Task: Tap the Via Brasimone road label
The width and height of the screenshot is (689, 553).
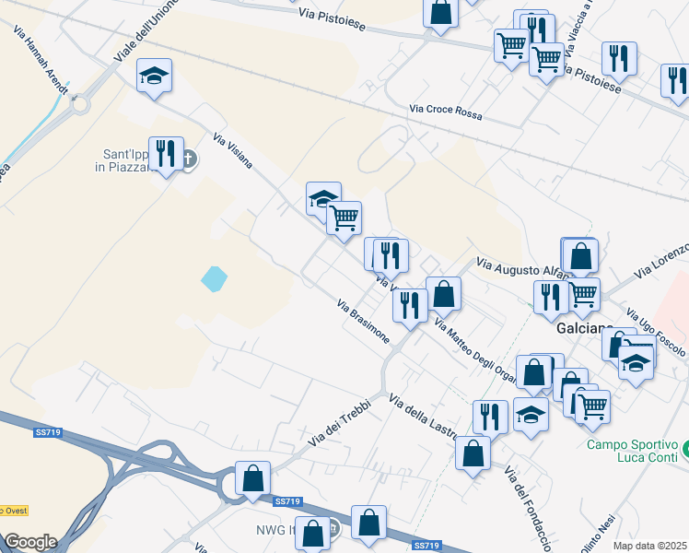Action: (364, 321)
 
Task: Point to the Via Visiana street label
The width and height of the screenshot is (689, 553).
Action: (232, 153)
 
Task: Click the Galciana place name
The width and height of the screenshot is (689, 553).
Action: (585, 329)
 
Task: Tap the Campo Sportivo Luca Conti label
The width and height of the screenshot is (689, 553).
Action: (632, 451)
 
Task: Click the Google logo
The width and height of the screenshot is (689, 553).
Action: (30, 541)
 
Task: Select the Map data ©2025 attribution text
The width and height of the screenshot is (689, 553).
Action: (650, 546)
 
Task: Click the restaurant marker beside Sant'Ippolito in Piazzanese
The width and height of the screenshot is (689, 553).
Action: (165, 152)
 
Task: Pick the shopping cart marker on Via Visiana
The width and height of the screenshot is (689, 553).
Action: (344, 218)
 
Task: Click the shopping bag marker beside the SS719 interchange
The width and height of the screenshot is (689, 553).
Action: (252, 479)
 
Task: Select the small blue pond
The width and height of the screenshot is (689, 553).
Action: (213, 277)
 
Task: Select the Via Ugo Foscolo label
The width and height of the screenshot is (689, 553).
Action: (656, 333)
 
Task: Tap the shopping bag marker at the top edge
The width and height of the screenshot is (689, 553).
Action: (441, 12)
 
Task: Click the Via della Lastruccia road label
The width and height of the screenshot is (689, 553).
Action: (426, 418)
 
